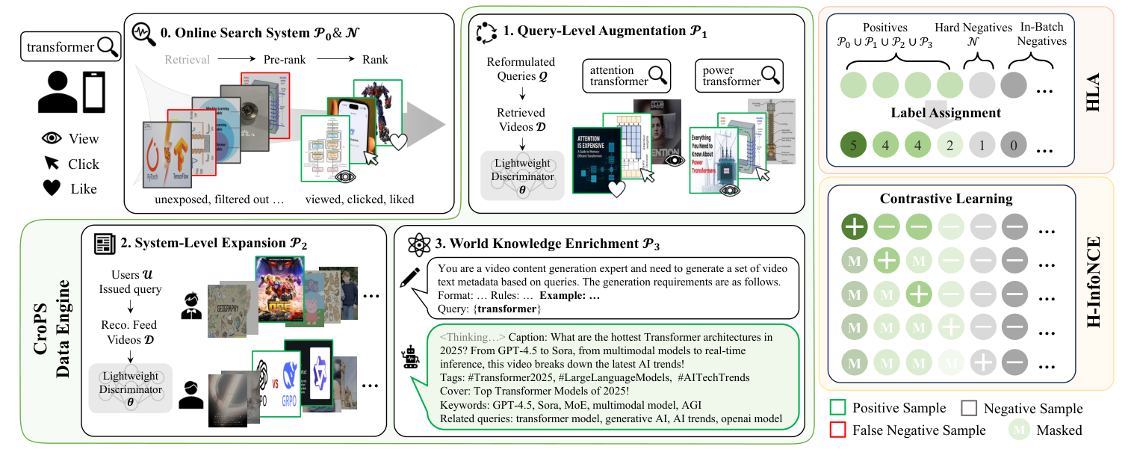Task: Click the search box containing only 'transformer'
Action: tap(71, 47)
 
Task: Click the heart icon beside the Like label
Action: tap(52, 189)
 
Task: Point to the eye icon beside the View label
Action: tap(52, 139)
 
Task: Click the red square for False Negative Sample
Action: tap(837, 430)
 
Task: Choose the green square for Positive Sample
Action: tap(837, 409)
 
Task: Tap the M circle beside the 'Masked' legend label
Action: tap(1017, 430)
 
